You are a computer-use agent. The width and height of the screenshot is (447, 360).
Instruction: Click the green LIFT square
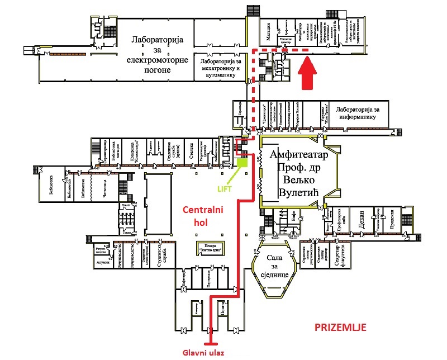[242, 163]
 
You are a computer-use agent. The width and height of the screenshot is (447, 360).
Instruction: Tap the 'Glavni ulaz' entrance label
[204, 353]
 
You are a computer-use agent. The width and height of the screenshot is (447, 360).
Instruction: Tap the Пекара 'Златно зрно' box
[207, 247]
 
